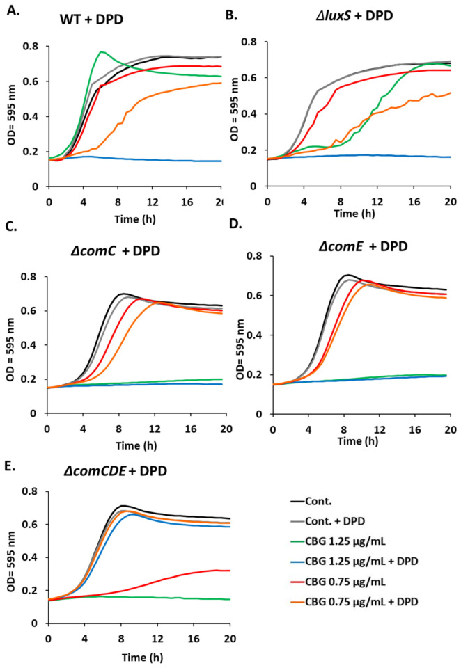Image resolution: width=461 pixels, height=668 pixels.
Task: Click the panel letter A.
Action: [x=13, y=10]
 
